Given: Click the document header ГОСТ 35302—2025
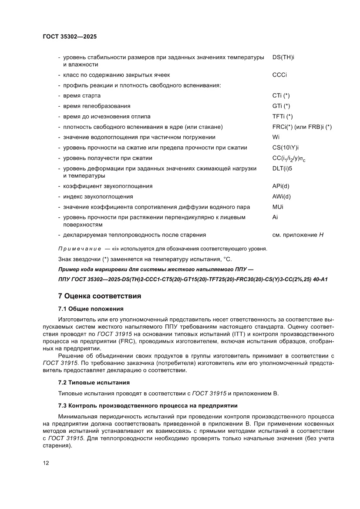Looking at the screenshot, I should [70, 37].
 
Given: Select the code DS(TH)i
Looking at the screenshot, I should [283, 57].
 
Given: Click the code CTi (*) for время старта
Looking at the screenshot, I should [281, 96].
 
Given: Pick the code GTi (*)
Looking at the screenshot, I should [281, 106].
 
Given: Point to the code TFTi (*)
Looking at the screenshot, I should [283, 117].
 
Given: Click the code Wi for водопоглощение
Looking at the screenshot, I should [276, 137].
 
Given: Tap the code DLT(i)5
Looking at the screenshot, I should [283, 169].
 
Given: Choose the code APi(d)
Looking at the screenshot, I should [281, 186].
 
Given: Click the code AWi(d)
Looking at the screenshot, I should [281, 197].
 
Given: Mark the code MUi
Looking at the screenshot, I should [277, 207].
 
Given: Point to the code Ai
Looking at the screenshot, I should [275, 217].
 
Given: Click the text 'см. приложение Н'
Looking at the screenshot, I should [298, 235].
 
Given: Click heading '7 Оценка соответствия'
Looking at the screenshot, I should [100, 297].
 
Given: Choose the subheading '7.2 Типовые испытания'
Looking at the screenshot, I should [94, 382].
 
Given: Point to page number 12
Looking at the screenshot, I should [46, 463].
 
